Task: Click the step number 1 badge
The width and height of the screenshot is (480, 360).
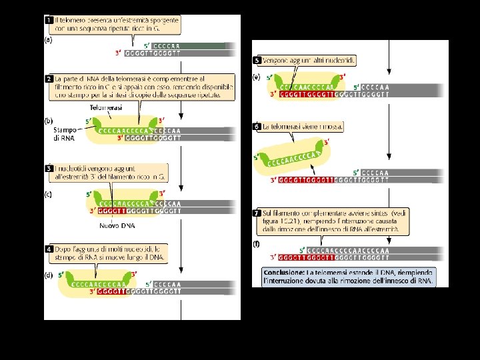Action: point(49,21)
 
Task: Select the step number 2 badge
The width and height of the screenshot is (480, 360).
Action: point(49,78)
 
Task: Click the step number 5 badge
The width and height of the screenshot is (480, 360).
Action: point(257,61)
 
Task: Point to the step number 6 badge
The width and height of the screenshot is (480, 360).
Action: point(257,125)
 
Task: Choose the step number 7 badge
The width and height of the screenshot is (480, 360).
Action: point(257,213)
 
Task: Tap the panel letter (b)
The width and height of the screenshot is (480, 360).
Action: point(49,121)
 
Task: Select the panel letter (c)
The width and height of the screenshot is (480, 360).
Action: point(49,194)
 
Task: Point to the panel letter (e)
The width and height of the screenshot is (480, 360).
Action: point(257,77)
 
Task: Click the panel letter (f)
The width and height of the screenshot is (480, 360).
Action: point(257,243)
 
